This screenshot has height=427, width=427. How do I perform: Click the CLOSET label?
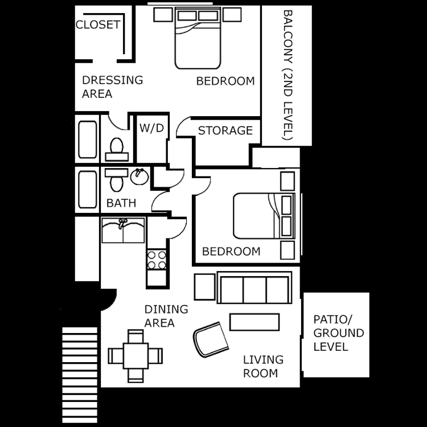[x=98, y=24]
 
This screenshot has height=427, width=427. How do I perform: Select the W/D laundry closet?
[x=151, y=129]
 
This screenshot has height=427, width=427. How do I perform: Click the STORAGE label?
[x=225, y=130]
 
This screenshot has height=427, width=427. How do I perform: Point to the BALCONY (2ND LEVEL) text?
[x=288, y=75]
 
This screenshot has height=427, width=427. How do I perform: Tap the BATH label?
[x=121, y=203]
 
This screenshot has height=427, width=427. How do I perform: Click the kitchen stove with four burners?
[x=156, y=260]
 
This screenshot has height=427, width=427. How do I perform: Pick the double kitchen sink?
[x=123, y=231]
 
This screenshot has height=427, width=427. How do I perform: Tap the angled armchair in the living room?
[x=211, y=339]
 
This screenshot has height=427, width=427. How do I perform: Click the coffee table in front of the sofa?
[x=254, y=322]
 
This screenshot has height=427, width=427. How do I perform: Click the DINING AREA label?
[x=166, y=316]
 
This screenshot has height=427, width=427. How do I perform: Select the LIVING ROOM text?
[x=262, y=367]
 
